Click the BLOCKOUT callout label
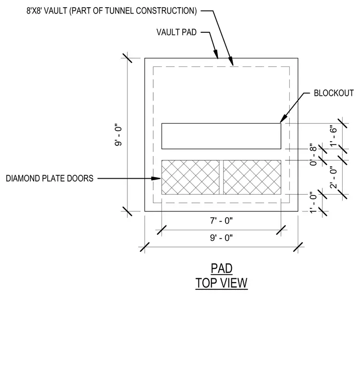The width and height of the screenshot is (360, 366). pos(333,93)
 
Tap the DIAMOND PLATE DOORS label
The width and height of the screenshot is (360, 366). pos(50,178)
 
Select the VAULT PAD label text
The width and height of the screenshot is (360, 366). pos(176,32)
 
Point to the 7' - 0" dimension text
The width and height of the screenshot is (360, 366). pos(221,221)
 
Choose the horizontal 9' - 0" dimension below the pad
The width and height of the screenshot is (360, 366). pos(221,238)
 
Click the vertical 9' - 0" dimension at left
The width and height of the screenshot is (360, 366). pos(119,136)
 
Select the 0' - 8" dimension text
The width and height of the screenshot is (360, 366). pos(313,155)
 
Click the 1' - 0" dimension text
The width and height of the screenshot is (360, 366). pos(313,203)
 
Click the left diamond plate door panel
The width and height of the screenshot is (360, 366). pos(190,177)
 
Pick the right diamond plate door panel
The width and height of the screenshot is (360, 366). pos(252,177)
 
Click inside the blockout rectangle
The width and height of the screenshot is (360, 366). pos(221,136)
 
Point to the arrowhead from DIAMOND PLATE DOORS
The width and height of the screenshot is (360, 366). pos(156,179)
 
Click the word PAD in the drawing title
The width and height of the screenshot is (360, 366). pos(222,268)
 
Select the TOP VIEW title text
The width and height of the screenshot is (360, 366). pos(222,283)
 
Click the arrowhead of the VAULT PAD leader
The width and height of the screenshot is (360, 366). pos(216,54)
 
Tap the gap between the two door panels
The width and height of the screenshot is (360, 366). pos(221,177)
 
